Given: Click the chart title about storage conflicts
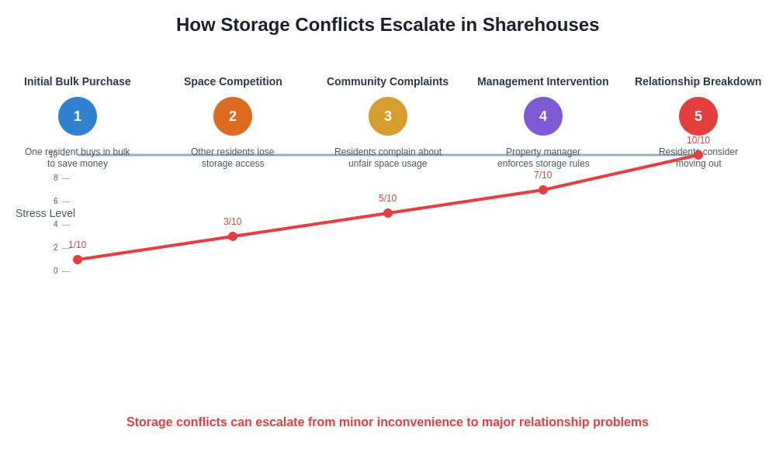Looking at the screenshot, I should click(387, 25).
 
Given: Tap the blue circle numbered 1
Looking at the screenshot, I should click(78, 116).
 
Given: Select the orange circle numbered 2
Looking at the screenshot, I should click(233, 116).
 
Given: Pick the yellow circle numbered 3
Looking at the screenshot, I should click(388, 116).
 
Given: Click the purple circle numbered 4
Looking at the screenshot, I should click(543, 116).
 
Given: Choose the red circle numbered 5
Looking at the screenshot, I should click(698, 116).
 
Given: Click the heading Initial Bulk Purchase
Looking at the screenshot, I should click(78, 81).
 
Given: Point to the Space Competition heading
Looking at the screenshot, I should click(233, 81).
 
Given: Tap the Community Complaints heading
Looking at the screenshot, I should click(387, 81).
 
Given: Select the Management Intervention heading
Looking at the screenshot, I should click(543, 81).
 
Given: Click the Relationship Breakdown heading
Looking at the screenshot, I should click(698, 81).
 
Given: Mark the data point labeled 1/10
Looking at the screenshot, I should click(78, 260).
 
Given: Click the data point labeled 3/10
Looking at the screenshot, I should click(233, 236).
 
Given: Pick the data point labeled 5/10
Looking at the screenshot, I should click(388, 213).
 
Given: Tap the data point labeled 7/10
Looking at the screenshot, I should click(543, 190).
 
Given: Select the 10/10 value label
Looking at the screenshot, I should click(698, 140).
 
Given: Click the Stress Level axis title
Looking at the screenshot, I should click(45, 213).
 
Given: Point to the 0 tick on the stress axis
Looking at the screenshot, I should click(56, 271).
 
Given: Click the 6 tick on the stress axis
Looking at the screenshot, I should click(56, 201).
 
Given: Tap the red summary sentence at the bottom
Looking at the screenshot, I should click(387, 422).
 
